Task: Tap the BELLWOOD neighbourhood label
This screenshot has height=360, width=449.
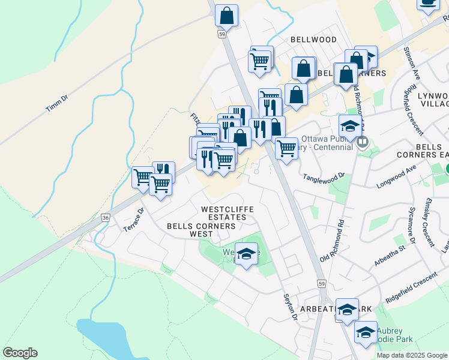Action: [313, 40]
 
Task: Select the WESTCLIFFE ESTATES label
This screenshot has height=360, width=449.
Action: [227, 213]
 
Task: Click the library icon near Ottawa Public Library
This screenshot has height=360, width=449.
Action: [363, 143]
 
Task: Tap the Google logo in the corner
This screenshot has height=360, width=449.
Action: [20, 353]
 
